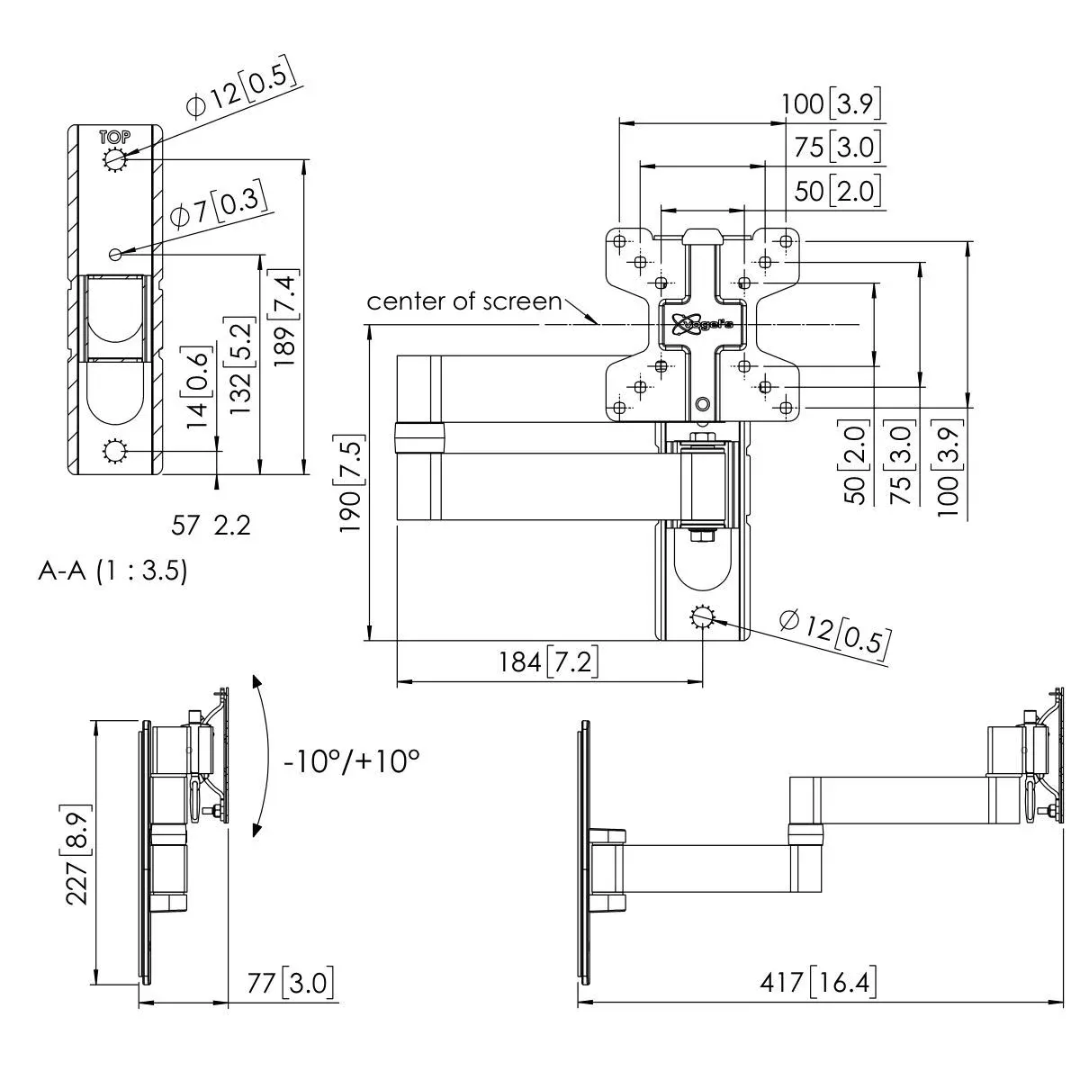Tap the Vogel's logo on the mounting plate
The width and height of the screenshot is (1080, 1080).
(x=703, y=324)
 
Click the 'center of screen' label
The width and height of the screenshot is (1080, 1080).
(x=464, y=301)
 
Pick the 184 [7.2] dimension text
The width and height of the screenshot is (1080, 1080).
(x=548, y=661)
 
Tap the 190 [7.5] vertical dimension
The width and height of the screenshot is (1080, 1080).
(x=351, y=483)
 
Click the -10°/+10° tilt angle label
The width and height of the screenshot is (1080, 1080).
(x=351, y=761)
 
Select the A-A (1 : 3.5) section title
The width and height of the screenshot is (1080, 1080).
(x=112, y=571)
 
